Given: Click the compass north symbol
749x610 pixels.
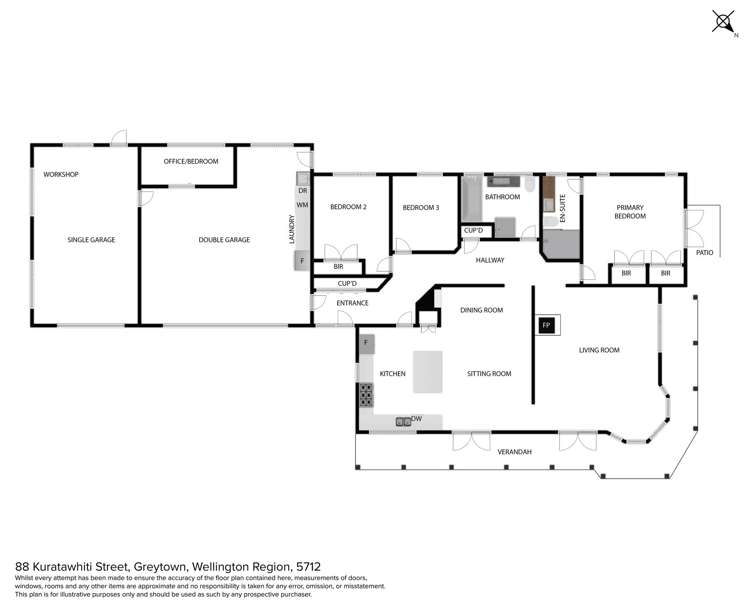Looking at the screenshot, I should click(722, 21).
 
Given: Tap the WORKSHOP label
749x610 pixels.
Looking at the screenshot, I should click(60, 175).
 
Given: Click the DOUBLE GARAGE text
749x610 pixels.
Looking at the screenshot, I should click(224, 240).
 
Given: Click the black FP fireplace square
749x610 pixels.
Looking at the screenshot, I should click(546, 326).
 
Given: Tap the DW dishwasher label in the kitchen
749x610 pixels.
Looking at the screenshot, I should click(417, 419).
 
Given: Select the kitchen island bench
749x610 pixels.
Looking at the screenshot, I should click(428, 372).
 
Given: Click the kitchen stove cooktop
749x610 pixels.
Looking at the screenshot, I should click(365, 394).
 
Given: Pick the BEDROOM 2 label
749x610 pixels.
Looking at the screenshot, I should click(349, 207).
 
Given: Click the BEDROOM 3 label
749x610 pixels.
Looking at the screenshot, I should click(421, 207).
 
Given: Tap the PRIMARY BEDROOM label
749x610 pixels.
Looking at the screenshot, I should click(630, 211).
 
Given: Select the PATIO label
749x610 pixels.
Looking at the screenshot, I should click(705, 253).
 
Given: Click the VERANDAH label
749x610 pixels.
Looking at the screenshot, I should click(514, 453).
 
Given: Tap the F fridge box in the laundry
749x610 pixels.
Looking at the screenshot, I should click(301, 261).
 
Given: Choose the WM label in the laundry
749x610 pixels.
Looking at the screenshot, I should click(300, 205).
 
